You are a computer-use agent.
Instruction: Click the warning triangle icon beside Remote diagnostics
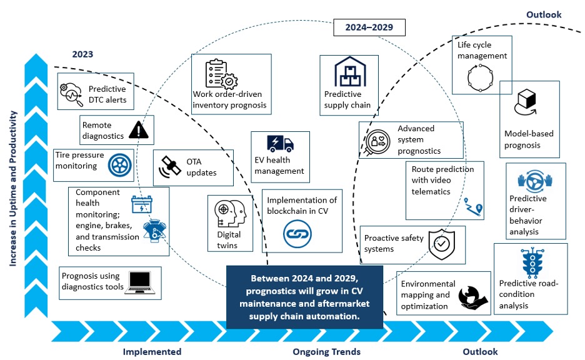[x=139, y=129]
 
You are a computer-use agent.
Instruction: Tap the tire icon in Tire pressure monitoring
[x=118, y=164]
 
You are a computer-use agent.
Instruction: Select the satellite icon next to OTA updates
[x=168, y=167]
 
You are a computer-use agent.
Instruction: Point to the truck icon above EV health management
[x=280, y=144]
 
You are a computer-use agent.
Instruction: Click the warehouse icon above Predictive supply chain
[x=349, y=72]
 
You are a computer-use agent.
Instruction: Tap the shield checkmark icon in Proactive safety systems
[x=442, y=244]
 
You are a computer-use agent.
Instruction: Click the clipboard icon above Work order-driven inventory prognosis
[x=219, y=73]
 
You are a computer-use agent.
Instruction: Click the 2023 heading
[x=82, y=54]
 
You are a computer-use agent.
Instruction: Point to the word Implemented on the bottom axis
[x=152, y=351]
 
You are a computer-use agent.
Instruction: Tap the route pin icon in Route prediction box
[x=477, y=208]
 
